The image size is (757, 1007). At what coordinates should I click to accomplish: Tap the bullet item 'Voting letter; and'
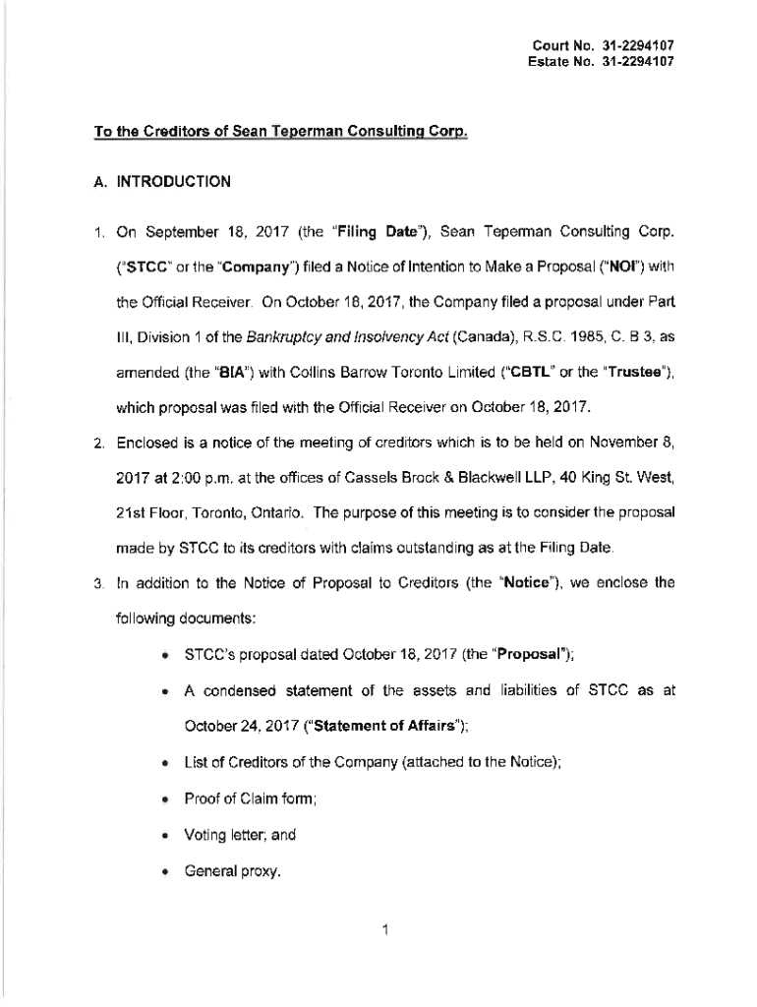coord(240,835)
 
